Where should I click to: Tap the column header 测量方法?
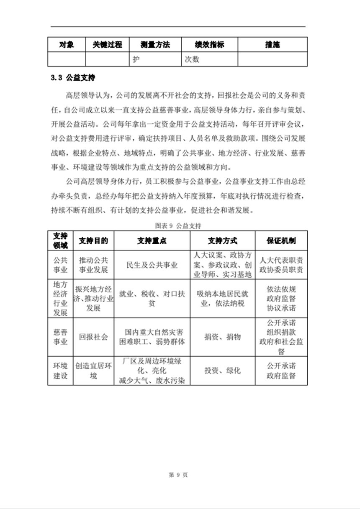[x=155, y=45]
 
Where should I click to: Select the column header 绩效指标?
[x=209, y=45]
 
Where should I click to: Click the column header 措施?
[x=273, y=45]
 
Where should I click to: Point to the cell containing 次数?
[x=192, y=59]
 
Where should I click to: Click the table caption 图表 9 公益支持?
[x=178, y=226]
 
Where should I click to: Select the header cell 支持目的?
[x=93, y=240]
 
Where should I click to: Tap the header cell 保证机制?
[x=281, y=240]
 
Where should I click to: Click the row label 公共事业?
[x=60, y=265]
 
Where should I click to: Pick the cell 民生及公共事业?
[x=152, y=265]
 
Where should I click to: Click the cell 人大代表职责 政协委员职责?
[x=281, y=265]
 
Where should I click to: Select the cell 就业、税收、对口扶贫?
[x=152, y=298]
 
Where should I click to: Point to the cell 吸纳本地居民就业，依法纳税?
[x=222, y=298]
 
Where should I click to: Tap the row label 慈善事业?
[x=60, y=337]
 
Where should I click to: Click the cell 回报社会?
[x=93, y=337]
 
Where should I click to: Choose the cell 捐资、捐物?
[x=222, y=337]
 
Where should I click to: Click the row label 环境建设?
[x=60, y=371]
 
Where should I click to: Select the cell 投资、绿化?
[x=222, y=371]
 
